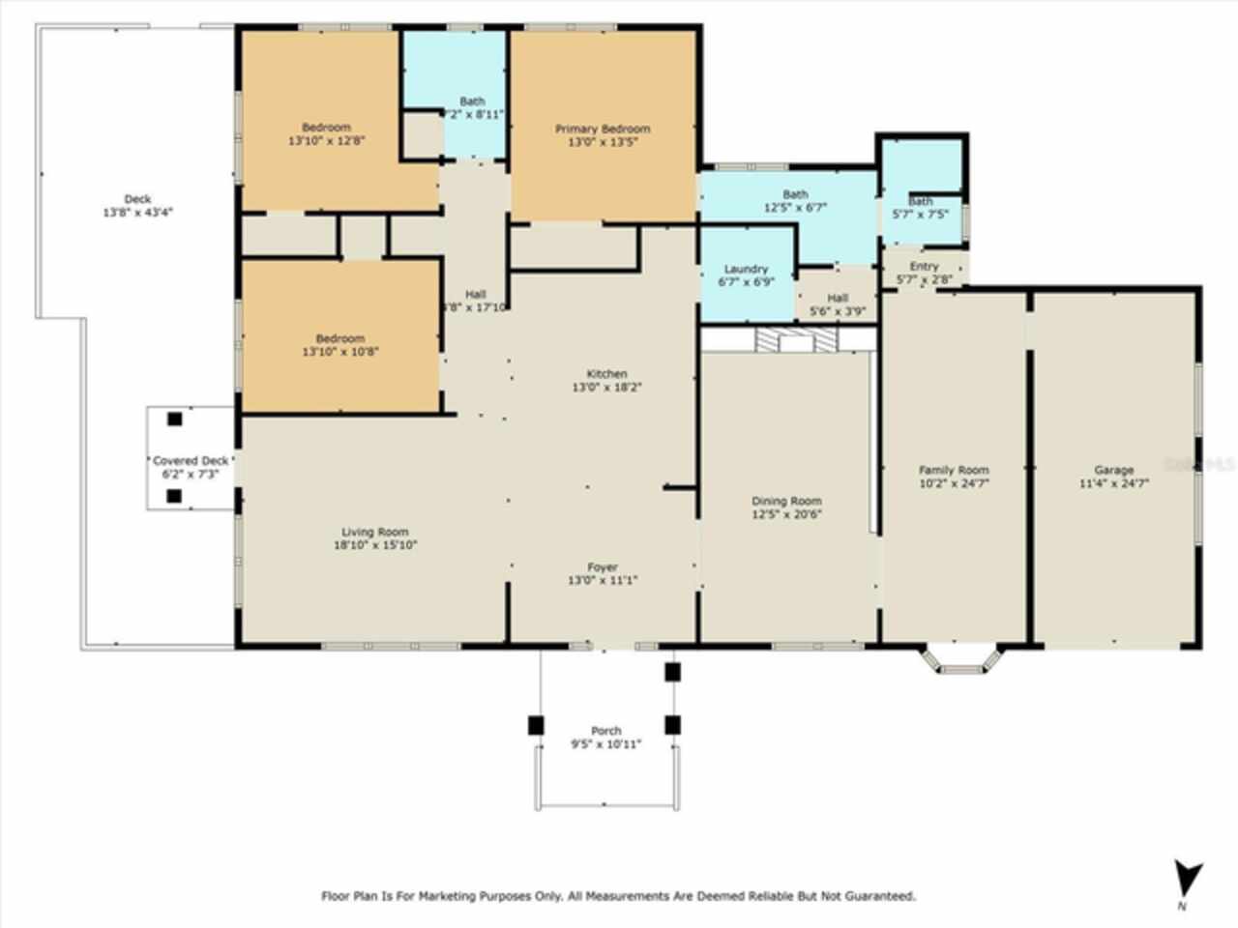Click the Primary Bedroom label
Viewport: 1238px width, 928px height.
coord(602,129)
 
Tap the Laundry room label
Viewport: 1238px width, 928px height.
coord(746,269)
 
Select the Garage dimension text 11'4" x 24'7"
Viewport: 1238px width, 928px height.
coord(1113,483)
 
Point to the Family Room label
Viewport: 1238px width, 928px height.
coord(954,470)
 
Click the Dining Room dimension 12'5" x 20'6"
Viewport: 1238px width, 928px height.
coord(786,514)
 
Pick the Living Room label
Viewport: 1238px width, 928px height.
coord(374,532)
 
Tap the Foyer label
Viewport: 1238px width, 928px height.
coord(602,567)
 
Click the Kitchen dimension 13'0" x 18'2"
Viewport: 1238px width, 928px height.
coord(606,387)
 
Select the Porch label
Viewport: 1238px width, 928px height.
coord(605,731)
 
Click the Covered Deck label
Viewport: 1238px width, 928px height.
coord(191,461)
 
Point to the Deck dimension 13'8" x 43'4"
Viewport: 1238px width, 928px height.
coord(137,213)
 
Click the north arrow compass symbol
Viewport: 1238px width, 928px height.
coord(1189,880)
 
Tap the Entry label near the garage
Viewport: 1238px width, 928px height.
coord(924,267)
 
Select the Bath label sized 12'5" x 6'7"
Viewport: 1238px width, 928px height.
coord(795,194)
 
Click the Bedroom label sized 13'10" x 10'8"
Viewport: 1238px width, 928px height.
coord(340,338)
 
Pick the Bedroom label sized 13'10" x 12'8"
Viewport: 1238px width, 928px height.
coord(326,128)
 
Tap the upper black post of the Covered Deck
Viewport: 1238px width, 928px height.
coord(174,420)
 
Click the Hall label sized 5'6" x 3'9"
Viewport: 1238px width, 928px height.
coord(838,299)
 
